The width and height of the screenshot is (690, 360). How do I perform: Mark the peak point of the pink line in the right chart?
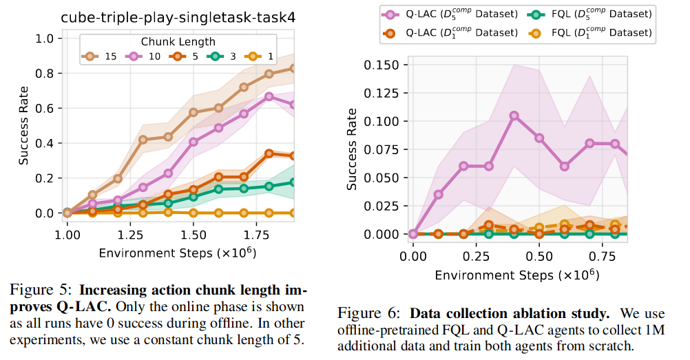point(514,116)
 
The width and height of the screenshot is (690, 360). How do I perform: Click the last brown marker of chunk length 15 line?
point(293,68)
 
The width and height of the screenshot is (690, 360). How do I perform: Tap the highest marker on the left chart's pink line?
point(269,96)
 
